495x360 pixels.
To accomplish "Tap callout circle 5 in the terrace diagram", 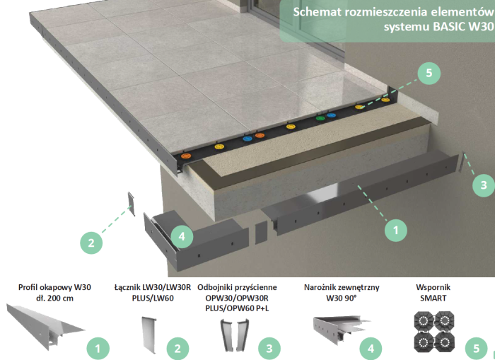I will (428, 73).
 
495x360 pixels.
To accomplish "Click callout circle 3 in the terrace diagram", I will (482, 185).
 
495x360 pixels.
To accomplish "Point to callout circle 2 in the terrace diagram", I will (91, 243).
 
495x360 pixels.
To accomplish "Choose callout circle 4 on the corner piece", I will (181, 236).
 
